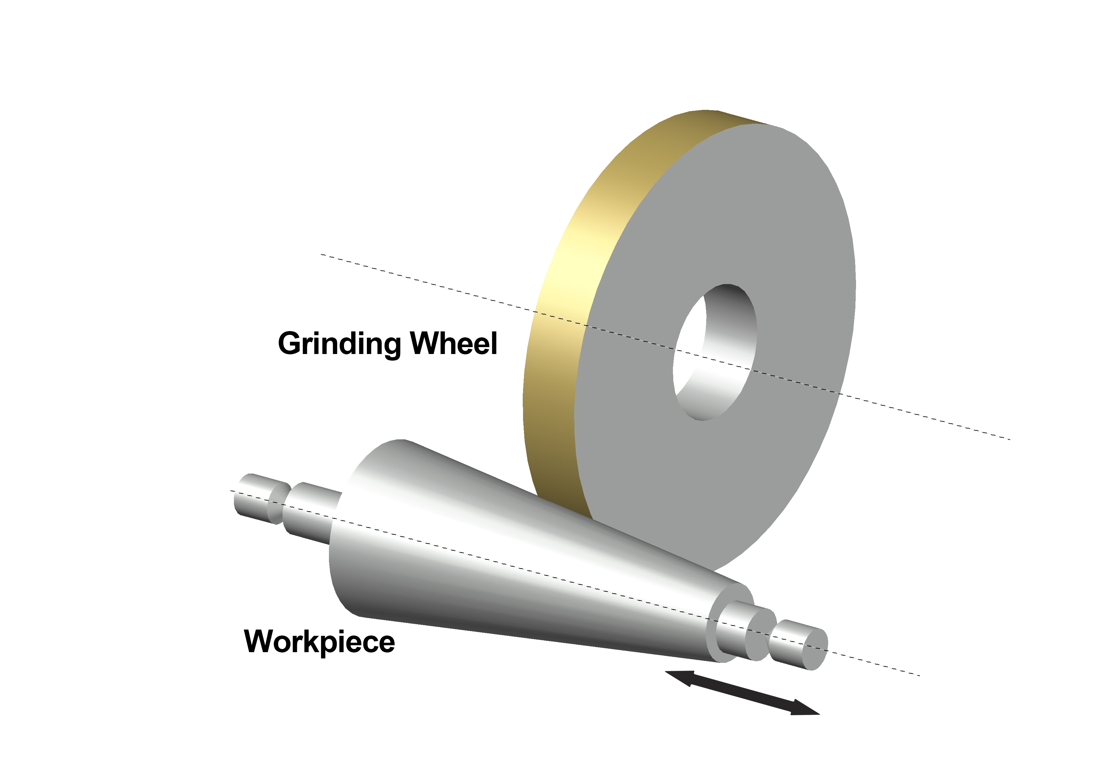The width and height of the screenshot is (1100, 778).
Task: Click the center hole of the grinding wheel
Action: tap(714, 352)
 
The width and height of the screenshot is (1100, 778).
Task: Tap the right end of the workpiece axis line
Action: tap(919, 675)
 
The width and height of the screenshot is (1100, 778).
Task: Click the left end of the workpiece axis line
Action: tap(231, 491)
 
